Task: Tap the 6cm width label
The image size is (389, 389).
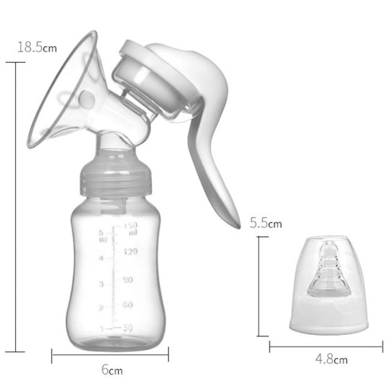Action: pyautogui.click(x=112, y=370)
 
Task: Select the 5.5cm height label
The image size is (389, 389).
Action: pyautogui.click(x=266, y=224)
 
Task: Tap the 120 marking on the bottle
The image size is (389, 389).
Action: pyautogui.click(x=130, y=252)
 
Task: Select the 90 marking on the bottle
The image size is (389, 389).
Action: pyautogui.click(x=128, y=280)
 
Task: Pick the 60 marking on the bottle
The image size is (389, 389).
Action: pyautogui.click(x=127, y=305)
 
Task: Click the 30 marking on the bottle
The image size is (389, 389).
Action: pyautogui.click(x=127, y=328)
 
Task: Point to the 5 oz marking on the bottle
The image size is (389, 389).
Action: pyautogui.click(x=102, y=236)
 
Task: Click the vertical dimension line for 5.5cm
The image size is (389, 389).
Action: pyautogui.click(x=259, y=286)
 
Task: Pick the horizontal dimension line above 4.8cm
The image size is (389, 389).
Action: pyautogui.click(x=326, y=347)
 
